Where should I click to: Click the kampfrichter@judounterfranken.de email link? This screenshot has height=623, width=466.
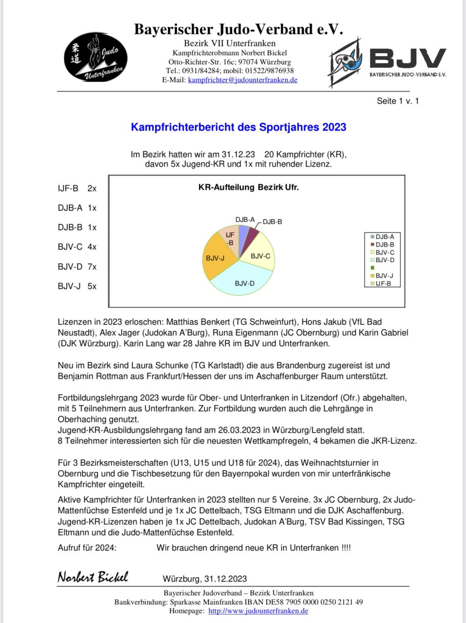pyautogui.click(x=242, y=80)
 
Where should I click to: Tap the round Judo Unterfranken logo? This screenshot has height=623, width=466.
pyautogui.click(x=96, y=57)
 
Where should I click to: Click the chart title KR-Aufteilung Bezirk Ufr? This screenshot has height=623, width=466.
pyautogui.click(x=249, y=187)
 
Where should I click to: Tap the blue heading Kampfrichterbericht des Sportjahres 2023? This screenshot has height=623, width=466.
pyautogui.click(x=239, y=127)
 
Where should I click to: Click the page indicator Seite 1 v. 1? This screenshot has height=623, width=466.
pyautogui.click(x=398, y=101)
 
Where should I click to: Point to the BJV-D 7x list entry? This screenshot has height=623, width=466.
pyautogui.click(x=77, y=267)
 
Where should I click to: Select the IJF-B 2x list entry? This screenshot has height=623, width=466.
pyautogui.click(x=77, y=188)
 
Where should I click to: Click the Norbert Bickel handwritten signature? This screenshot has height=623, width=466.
pyautogui.click(x=93, y=577)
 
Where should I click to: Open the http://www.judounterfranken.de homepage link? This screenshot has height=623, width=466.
pyautogui.click(x=258, y=611)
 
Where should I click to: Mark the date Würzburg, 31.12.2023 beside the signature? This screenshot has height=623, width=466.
pyautogui.click(x=205, y=579)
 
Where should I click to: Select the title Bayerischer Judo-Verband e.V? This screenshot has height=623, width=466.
pyautogui.click(x=239, y=29)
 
